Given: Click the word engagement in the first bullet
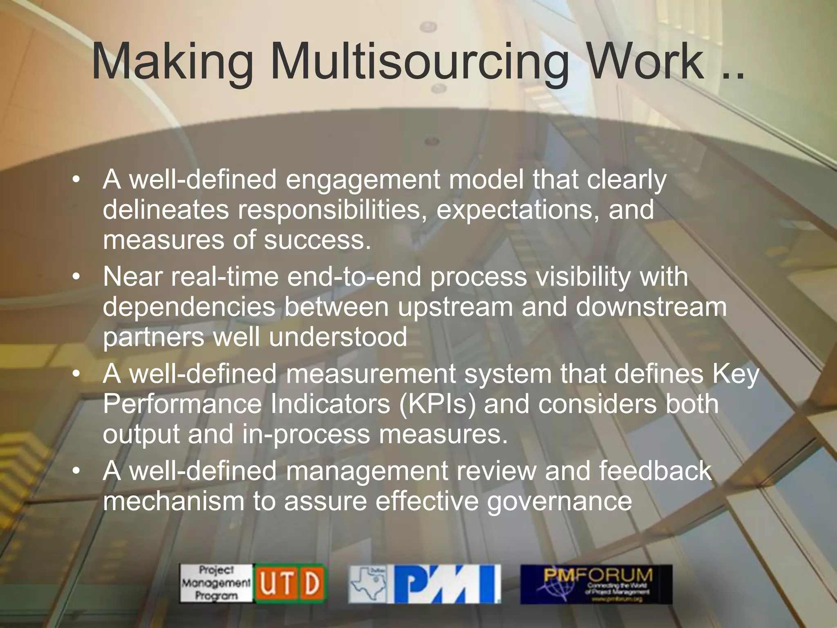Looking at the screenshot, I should tap(363, 180).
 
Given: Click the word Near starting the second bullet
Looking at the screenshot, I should tap(132, 277).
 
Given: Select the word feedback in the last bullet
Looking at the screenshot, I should tap(656, 471).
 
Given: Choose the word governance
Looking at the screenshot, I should tap(559, 501).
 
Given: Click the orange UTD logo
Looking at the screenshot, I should tap(290, 583).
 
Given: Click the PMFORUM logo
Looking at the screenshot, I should tap(596, 584).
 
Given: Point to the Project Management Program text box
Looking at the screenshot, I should tap(216, 583).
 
